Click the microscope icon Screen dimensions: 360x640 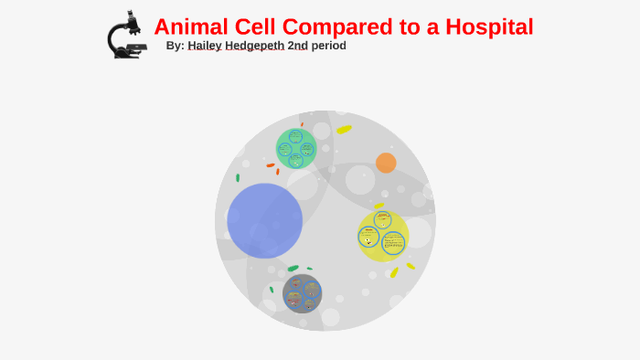coord(125,35)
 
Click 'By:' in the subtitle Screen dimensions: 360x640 coord(176,46)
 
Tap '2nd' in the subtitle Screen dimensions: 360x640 coord(298,46)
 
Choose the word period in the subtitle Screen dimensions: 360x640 coord(329,46)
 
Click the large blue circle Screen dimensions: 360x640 coord(265,220)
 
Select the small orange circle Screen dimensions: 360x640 coord(386,163)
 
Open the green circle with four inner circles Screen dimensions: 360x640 coord(296,148)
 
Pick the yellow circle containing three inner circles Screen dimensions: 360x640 coord(382,235)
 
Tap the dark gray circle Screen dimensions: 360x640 coord(302,293)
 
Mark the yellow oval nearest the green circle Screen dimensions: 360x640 coord(344,130)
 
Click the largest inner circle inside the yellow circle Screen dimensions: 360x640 coord(393,242)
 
